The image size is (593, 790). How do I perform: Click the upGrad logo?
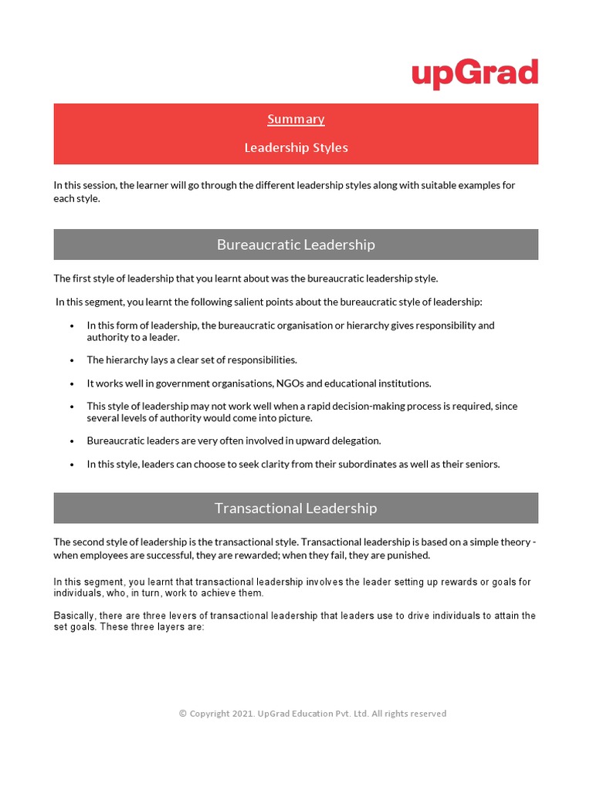point(474,74)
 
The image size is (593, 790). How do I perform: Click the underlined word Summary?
point(296,119)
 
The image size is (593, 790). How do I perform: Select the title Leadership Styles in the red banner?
point(296,147)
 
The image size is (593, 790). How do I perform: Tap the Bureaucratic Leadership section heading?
point(296,245)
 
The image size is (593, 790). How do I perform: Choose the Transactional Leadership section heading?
point(296,508)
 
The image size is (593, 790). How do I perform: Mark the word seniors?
point(480,464)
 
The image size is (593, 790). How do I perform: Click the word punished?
point(406,555)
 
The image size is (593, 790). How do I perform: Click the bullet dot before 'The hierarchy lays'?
point(72,360)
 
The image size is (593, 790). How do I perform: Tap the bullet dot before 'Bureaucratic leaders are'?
point(72,441)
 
